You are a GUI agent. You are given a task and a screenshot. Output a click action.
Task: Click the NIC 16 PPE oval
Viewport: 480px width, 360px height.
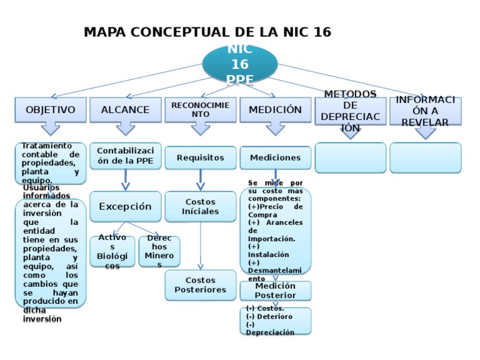tap(240, 64)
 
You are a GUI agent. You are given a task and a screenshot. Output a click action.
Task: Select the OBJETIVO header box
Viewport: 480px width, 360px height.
tap(51, 110)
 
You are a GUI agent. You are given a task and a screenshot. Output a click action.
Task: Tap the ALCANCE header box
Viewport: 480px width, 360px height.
tap(126, 110)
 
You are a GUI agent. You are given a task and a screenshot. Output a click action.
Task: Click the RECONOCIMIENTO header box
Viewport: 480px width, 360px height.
tap(201, 110)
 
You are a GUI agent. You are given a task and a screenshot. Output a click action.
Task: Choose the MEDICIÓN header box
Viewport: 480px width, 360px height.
tap(276, 110)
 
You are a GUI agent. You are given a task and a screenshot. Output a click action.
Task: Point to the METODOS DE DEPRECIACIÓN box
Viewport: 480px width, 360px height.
tap(351, 111)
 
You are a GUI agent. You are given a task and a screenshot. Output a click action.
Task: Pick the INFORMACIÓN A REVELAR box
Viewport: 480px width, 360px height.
tap(426, 111)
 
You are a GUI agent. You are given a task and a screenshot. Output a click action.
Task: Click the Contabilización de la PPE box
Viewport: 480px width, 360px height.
tap(126, 156)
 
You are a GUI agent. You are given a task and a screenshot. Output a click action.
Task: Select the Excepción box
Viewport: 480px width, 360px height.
tap(126, 206)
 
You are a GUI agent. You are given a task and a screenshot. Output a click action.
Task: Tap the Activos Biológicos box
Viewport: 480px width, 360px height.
tap(112, 251)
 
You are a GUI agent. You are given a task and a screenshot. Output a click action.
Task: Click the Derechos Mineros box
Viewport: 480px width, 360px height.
tap(159, 251)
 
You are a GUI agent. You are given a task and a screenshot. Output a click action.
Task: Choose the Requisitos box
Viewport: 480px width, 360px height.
tap(201, 158)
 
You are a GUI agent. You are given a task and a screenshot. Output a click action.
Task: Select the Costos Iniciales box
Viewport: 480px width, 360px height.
tap(201, 206)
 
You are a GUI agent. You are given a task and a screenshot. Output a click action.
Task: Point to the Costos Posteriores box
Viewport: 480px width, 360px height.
tap(201, 285)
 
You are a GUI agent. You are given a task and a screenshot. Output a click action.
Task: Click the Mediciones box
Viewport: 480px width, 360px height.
tap(276, 158)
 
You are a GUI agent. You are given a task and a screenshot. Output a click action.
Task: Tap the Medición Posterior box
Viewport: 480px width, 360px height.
tap(276, 291)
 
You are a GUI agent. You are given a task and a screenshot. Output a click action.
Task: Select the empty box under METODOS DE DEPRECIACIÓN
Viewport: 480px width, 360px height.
tap(351, 157)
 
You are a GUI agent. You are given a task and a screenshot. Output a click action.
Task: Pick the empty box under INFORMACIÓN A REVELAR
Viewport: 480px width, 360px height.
tap(426, 157)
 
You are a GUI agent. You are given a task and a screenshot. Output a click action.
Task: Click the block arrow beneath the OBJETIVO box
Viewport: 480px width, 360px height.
tap(51, 129)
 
